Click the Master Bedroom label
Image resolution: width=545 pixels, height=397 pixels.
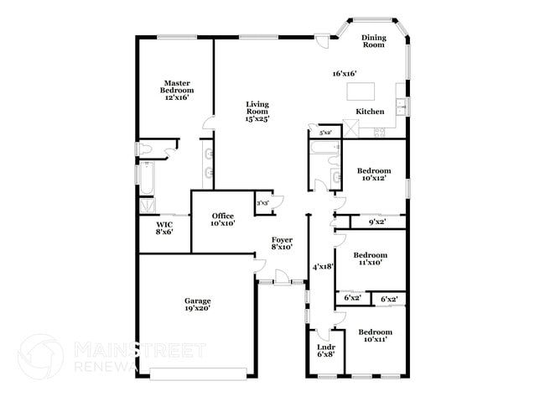point(176,90)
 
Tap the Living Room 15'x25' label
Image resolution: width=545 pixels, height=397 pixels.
point(257,112)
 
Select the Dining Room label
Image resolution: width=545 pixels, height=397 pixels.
point(373,41)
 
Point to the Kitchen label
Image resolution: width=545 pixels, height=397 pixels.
point(370,112)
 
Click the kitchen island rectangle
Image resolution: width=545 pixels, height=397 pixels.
point(361,91)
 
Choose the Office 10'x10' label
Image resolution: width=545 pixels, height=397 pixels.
point(222,220)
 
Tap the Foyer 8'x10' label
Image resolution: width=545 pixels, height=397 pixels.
point(282,243)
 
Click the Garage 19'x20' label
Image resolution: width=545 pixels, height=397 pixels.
point(198,304)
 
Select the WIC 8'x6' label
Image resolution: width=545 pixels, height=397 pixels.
point(164,228)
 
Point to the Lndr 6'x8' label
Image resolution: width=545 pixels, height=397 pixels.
point(325,350)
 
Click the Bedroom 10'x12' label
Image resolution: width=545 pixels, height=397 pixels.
point(373,175)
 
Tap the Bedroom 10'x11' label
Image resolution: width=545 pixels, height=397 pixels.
point(373,336)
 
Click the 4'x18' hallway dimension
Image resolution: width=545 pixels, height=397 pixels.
point(323,266)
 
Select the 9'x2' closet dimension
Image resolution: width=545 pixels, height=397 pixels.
point(377,222)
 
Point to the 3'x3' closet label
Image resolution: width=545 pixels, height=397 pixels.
point(262,202)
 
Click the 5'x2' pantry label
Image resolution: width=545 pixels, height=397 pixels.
point(324,133)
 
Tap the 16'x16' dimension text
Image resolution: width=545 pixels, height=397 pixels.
point(345,74)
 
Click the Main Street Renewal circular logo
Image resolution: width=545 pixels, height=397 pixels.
point(40,357)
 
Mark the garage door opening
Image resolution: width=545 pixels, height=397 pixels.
point(200,371)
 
